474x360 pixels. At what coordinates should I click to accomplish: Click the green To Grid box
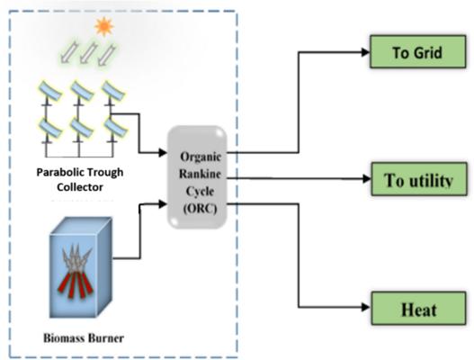(x=417, y=51)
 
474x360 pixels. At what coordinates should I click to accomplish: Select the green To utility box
(x=418, y=179)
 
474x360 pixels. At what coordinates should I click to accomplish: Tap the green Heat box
(x=418, y=309)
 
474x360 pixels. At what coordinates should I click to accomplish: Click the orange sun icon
(x=104, y=27)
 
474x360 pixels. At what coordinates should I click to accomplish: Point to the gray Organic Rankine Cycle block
(x=197, y=177)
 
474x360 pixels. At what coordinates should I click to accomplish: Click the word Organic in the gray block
(x=201, y=157)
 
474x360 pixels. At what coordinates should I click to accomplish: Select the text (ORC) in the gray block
(x=200, y=209)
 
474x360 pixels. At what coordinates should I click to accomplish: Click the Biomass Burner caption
(x=84, y=337)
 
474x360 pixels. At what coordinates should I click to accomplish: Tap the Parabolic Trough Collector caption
(x=80, y=180)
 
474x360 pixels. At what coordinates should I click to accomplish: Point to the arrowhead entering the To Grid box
(x=365, y=52)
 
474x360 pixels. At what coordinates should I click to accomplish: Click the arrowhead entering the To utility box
(x=367, y=179)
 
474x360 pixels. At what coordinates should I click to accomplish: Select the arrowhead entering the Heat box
(x=366, y=308)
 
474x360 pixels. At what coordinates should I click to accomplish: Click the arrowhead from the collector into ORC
(x=163, y=152)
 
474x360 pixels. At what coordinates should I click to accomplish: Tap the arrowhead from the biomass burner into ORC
(x=163, y=204)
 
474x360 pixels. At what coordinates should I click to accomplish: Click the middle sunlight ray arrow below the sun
(x=88, y=53)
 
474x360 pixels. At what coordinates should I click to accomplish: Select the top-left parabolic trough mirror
(x=49, y=90)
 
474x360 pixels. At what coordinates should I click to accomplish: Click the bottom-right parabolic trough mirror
(x=115, y=128)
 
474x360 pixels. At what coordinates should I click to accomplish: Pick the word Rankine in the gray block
(x=200, y=174)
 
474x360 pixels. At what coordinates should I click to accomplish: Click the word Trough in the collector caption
(x=106, y=173)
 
